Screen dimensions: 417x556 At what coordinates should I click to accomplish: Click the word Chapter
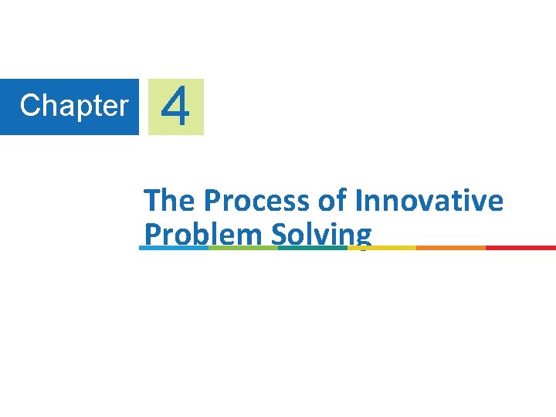pos(74,106)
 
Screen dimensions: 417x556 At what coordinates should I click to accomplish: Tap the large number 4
pos(176,107)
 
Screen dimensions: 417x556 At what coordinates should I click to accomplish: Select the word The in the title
pos(169,201)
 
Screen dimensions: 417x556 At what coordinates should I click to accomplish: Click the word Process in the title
pos(256,201)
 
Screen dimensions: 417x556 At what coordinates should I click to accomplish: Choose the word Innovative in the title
pos(429,201)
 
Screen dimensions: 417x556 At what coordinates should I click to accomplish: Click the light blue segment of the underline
pos(174,248)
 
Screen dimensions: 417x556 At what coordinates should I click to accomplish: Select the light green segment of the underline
pos(243,248)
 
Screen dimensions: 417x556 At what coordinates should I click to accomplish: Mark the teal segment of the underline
pos(313,248)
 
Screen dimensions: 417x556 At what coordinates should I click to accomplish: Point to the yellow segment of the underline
pos(382,248)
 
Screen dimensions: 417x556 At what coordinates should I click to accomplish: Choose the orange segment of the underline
pos(451,248)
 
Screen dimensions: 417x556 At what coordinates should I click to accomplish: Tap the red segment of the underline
pos(520,248)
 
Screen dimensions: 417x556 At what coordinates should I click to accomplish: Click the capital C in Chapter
pos(29,106)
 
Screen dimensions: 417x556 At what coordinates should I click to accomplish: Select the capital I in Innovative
pos(360,201)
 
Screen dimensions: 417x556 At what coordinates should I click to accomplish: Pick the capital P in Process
pos(212,201)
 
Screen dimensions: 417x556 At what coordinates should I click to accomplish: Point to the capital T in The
pos(152,201)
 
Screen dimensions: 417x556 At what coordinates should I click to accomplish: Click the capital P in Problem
pos(151,234)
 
